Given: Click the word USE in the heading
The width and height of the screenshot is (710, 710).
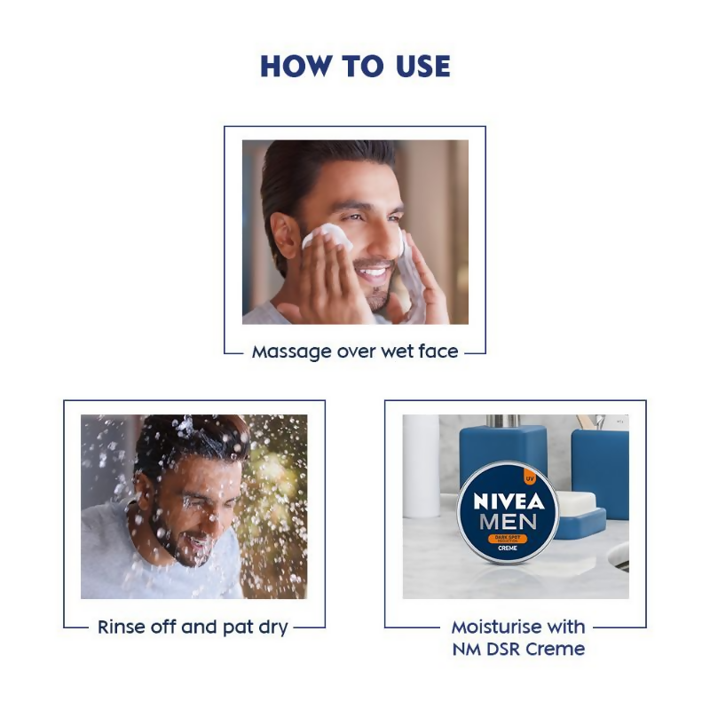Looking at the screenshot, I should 422,67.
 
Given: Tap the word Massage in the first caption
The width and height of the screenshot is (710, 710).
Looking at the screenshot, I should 289,351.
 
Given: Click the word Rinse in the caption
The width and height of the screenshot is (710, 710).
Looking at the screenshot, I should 122,627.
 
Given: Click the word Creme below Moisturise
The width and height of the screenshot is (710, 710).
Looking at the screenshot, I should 547,649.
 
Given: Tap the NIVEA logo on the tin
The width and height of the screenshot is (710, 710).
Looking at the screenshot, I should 509,499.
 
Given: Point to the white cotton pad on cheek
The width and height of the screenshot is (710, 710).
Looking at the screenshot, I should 325,235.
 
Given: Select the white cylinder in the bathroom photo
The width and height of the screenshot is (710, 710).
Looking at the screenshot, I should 421,466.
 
